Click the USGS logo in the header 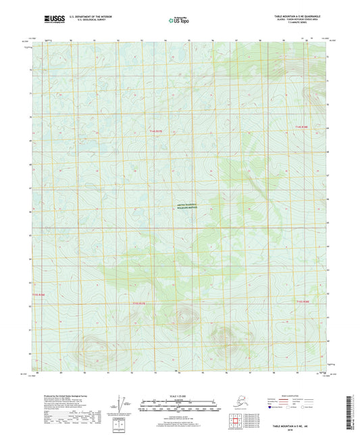(52, 20)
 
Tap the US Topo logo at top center (178, 20)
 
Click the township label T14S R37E (157, 130)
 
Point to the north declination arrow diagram (122, 405)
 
